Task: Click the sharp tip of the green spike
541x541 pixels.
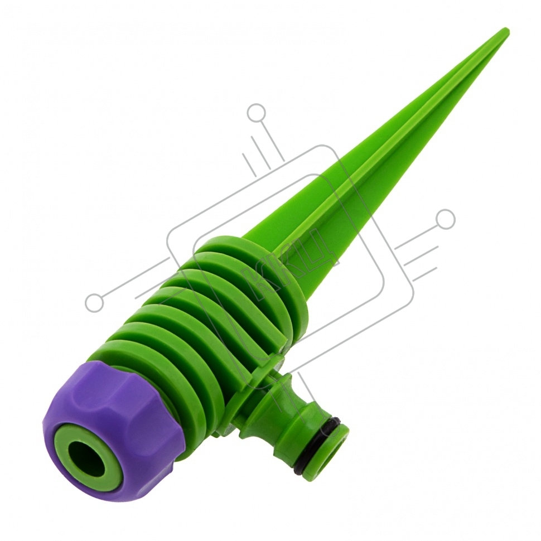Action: [x=508, y=30]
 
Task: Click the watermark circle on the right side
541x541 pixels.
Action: [x=445, y=219]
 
